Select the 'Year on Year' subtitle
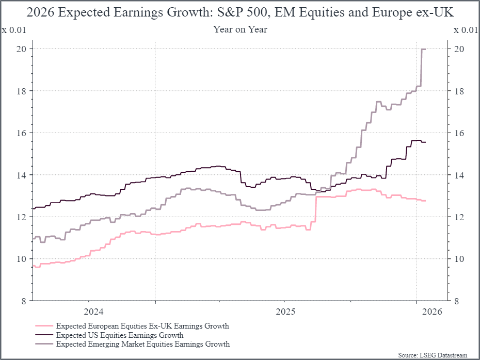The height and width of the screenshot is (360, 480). coord(240,29)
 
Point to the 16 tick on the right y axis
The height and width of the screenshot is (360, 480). coord(457,133)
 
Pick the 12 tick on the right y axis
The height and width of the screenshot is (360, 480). coord(457,217)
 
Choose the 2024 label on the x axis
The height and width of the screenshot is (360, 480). coord(93,312)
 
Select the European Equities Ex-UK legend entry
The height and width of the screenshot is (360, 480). coord(142,326)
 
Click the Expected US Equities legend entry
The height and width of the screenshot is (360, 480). coord(120,335)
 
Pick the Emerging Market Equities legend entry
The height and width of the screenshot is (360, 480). coord(143,343)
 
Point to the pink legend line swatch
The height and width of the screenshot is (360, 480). coord(44,326)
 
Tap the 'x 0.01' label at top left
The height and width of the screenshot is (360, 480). coord(14,29)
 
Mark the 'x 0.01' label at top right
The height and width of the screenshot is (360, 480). coord(466,29)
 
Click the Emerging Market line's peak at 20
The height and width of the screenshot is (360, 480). coord(424,49)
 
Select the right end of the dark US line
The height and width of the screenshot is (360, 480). coord(425,142)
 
